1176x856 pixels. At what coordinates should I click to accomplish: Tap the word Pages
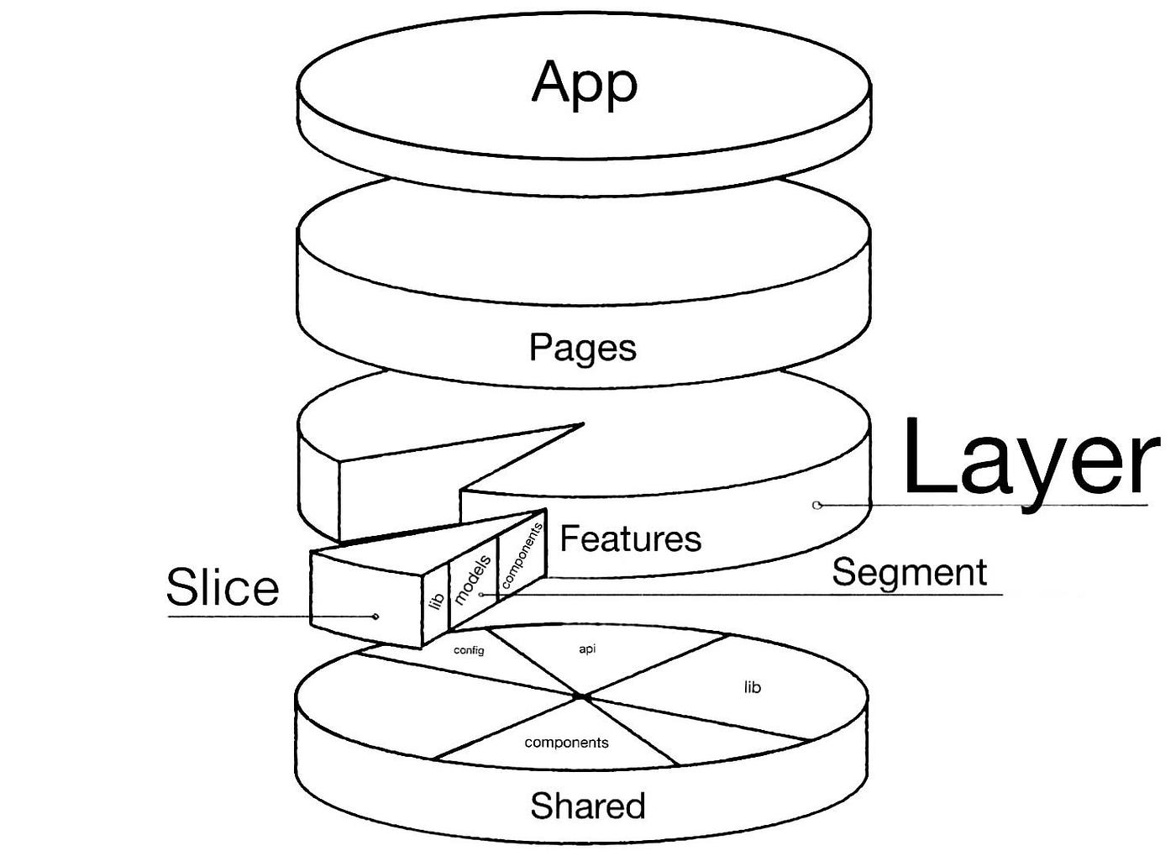point(582,348)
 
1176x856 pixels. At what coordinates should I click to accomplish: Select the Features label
point(630,538)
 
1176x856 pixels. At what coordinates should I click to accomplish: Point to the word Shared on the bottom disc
point(587,806)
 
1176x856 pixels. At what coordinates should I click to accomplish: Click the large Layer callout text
point(1030,458)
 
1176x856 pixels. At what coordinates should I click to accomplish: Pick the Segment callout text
point(909,573)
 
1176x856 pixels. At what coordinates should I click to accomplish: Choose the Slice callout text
point(223,586)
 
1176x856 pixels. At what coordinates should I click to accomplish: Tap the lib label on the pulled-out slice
point(436,601)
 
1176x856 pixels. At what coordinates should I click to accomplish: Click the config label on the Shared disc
point(469,650)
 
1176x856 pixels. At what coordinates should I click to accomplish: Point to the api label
point(587,649)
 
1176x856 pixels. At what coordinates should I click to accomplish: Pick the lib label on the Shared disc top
point(753,687)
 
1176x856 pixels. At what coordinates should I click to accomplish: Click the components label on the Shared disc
point(566,743)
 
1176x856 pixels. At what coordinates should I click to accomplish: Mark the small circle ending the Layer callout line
point(816,505)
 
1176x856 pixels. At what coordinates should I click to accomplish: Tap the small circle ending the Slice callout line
point(375,617)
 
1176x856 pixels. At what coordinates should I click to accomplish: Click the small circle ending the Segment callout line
point(481,594)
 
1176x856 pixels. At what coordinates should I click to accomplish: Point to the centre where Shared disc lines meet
point(582,697)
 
